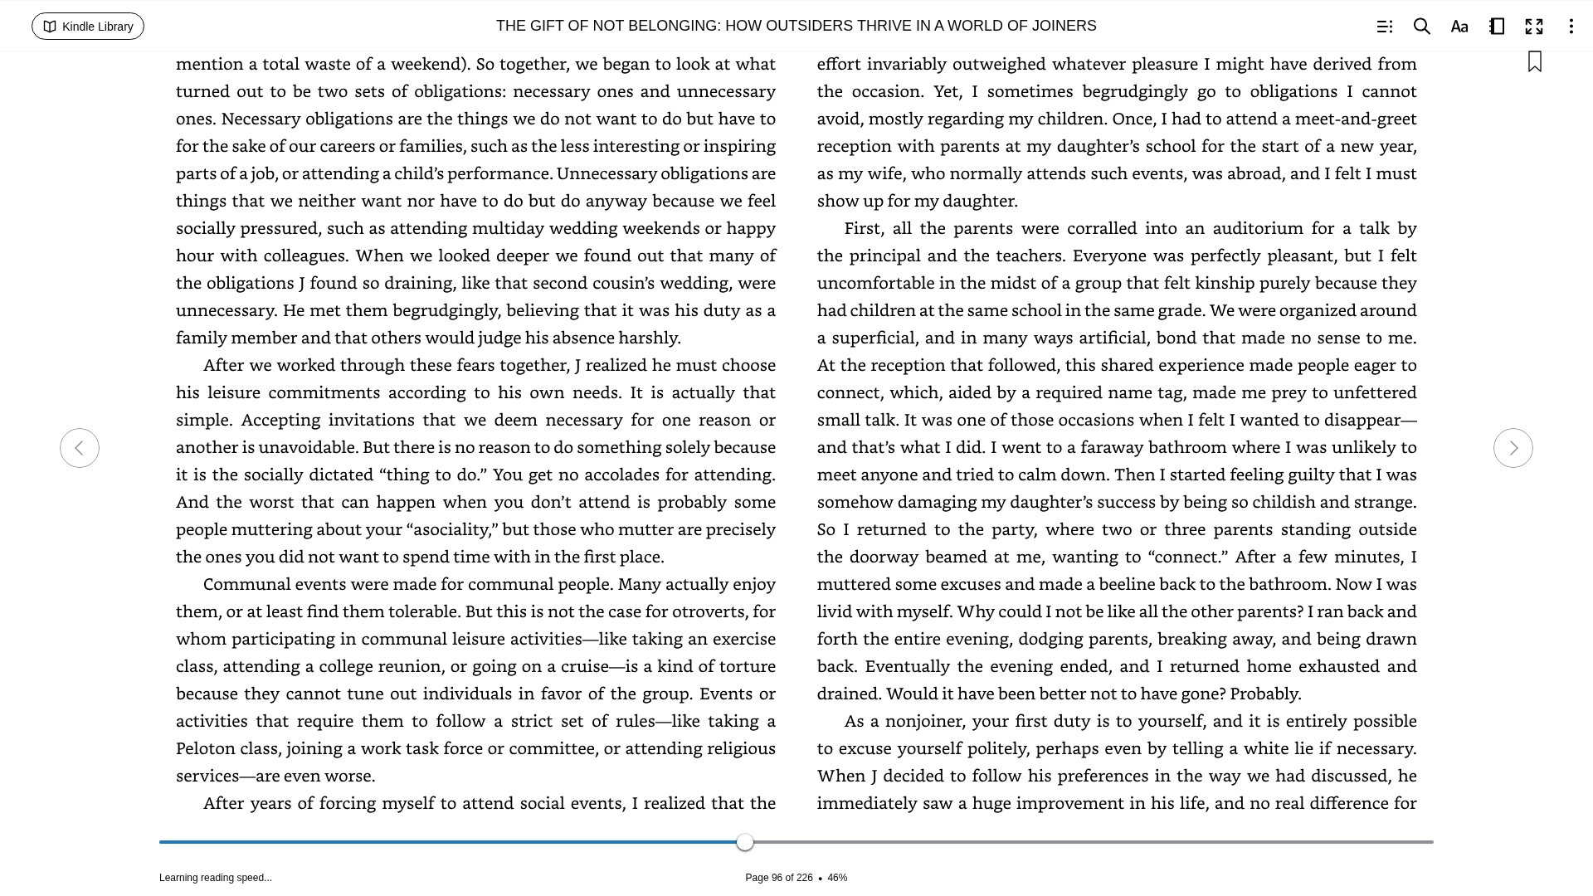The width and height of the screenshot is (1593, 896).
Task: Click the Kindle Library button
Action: tap(88, 27)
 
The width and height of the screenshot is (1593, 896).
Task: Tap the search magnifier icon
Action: tap(1422, 27)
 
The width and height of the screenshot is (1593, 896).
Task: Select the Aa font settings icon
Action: tap(1459, 27)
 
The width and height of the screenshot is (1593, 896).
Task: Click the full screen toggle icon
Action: tap(1534, 27)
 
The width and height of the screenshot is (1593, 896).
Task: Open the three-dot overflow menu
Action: tap(1571, 27)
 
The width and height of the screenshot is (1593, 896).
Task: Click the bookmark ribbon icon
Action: tap(1535, 62)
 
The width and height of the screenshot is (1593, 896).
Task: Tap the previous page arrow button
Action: tap(80, 448)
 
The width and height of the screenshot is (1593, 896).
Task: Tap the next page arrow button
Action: tap(1513, 448)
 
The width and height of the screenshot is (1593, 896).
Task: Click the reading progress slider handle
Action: tap(745, 842)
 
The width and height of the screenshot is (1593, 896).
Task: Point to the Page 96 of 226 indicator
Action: tap(778, 878)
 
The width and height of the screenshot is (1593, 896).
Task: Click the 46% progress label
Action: tap(837, 878)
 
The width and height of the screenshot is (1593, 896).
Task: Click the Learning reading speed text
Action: tap(216, 878)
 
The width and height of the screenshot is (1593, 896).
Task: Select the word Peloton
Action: tap(206, 748)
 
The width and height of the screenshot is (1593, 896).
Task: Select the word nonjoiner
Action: tap(923, 721)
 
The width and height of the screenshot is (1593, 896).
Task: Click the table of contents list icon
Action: tap(1385, 27)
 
